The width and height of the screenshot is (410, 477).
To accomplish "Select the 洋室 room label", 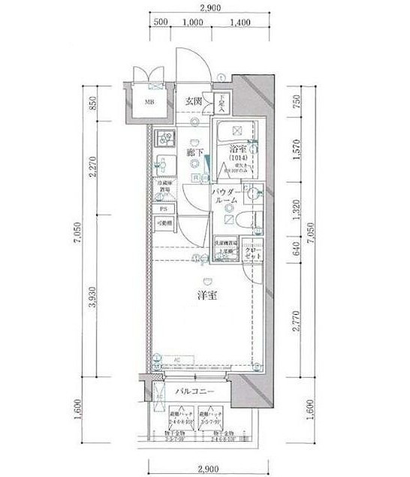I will [207, 295].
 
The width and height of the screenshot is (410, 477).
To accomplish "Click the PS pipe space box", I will [162, 208].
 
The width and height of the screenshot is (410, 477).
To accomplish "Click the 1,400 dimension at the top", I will [240, 22].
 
